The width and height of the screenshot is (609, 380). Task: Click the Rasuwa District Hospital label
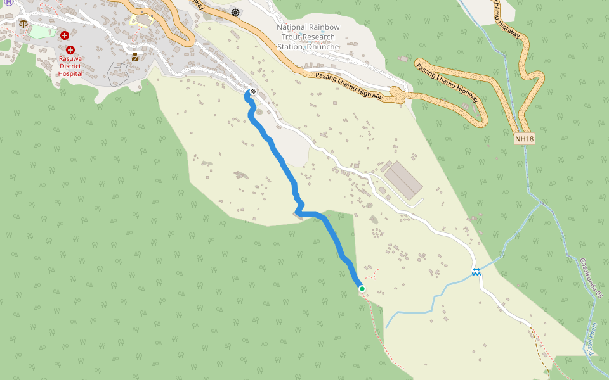pos(70,66)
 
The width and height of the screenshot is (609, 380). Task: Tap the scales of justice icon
pos(24,24)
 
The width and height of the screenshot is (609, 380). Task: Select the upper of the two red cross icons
pos(65,35)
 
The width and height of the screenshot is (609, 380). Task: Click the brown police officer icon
pos(135,58)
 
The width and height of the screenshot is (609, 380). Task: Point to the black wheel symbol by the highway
pos(235,12)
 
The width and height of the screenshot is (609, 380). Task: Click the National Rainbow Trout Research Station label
pos(308,37)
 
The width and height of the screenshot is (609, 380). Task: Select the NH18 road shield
pos(524,139)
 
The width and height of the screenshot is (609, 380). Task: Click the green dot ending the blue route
pos(362,289)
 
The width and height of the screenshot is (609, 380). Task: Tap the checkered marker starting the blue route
pos(252,92)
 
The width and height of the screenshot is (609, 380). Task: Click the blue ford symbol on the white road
pos(476,271)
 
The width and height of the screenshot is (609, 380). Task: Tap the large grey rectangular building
pos(404,179)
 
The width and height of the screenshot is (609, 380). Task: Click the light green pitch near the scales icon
pos(39,30)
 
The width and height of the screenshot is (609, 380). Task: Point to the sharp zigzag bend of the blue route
pos(298,212)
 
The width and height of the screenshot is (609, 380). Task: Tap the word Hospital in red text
pos(70,73)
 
